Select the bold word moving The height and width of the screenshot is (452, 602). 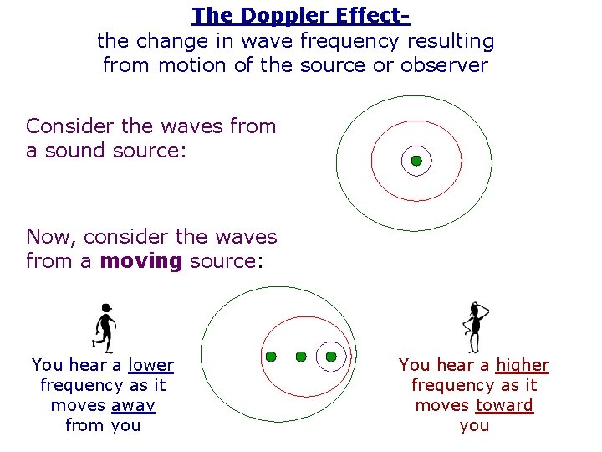pos(140,261)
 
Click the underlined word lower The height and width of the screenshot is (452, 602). pos(150,365)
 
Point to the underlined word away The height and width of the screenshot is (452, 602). pos(133,405)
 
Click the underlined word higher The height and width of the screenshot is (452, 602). pos(523,365)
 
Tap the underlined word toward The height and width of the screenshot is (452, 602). pos(504,405)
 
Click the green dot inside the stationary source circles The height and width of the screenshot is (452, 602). pos(416,161)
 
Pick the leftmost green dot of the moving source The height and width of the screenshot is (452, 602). pos(271,357)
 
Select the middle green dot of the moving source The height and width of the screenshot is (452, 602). pos(301,357)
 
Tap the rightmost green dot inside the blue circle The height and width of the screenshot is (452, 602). pos(331,357)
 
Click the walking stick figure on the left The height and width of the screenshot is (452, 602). pos(104,326)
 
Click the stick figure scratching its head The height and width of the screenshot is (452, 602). pos(474,326)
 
